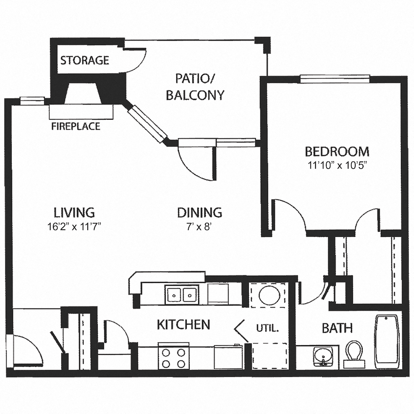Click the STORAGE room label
[84, 60]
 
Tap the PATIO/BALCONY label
[195, 87]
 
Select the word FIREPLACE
[76, 126]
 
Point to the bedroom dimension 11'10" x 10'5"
[337, 165]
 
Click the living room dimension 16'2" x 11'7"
[75, 226]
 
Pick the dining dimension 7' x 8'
[200, 226]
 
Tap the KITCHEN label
[183, 324]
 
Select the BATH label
[337, 328]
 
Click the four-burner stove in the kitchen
[173, 357]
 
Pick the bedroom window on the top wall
[335, 79]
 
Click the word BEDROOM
[337, 151]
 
